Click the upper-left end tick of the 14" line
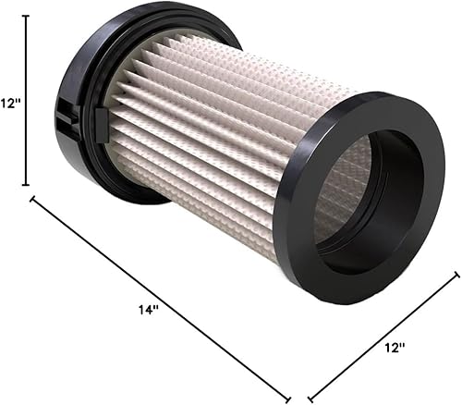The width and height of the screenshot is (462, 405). [x=34, y=198]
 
